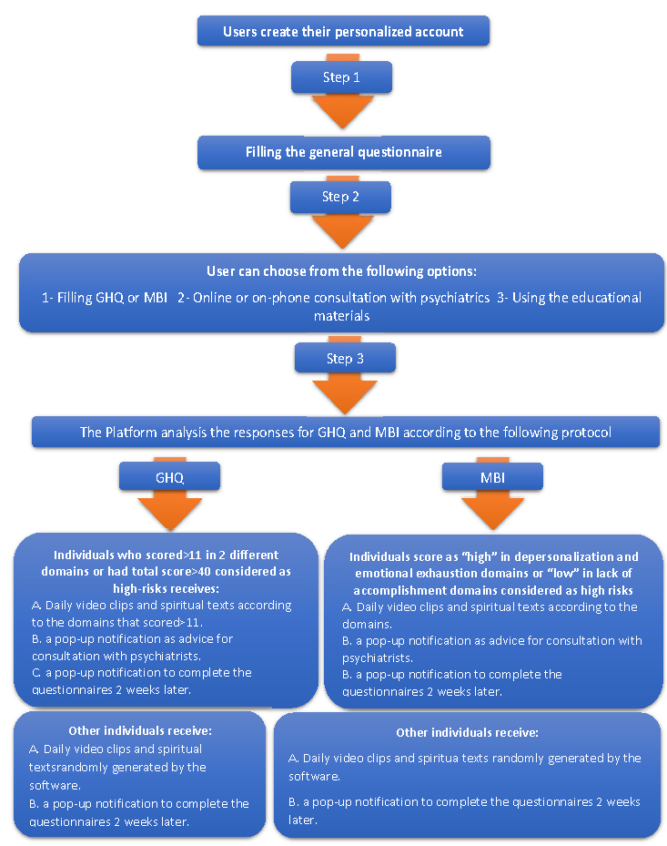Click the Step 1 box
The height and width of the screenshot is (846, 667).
341,77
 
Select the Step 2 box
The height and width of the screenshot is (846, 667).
340,197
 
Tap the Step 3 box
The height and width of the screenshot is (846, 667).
345,358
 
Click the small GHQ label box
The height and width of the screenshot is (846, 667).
169,477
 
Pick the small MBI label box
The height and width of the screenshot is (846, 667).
492,477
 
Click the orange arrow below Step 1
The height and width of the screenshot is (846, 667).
342,110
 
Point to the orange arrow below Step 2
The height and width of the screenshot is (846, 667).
342,230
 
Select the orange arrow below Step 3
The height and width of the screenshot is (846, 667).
345,394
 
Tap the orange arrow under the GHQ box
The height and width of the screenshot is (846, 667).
170,512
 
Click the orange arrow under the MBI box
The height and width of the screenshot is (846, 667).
493,511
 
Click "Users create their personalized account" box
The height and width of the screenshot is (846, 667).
343,31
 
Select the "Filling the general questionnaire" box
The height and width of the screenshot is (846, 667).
344,152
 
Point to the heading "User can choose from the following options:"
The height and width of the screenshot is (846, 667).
342,270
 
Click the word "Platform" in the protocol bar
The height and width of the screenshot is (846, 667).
130,433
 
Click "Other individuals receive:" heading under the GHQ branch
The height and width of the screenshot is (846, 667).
140,730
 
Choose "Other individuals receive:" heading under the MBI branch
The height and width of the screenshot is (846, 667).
468,732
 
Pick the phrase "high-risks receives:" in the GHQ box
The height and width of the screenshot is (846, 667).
167,588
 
